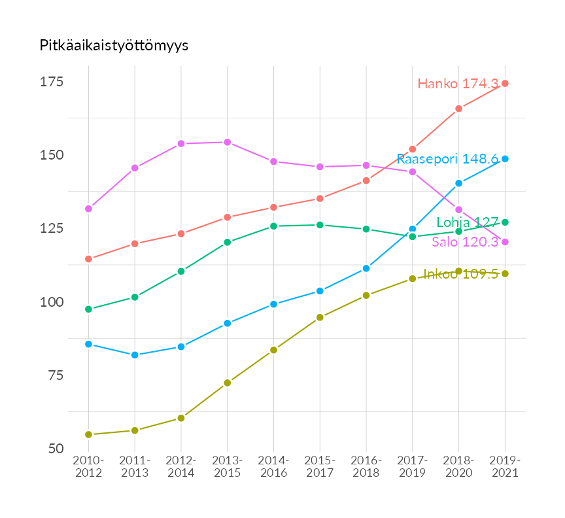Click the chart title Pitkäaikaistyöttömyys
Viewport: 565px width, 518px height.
coord(114,45)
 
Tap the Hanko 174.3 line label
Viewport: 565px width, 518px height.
coord(458,84)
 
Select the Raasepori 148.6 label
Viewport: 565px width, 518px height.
coord(447,159)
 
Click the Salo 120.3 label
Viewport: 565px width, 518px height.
coord(465,242)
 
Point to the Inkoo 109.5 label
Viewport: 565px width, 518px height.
coord(460,274)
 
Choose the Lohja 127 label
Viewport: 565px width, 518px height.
coord(467,222)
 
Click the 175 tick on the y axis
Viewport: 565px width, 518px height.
coord(52,82)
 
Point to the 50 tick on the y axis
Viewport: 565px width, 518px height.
coord(55,449)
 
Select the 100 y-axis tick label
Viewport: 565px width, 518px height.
coord(52,302)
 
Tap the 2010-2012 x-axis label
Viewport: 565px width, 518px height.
coord(88,466)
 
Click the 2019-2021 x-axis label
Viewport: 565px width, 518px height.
coord(505,466)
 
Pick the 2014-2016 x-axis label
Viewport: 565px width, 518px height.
coord(273,466)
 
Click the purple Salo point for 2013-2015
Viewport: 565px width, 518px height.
coord(227,142)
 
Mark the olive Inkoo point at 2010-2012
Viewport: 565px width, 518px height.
coord(88,434)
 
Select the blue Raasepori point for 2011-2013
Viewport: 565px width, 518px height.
coord(135,355)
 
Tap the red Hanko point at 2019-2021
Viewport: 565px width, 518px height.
coord(505,83)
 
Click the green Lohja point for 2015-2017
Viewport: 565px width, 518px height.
coord(320,225)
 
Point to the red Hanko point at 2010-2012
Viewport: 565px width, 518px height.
coord(88,259)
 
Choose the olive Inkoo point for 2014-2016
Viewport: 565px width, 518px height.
coord(273,350)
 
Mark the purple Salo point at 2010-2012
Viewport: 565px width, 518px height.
coord(88,209)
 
